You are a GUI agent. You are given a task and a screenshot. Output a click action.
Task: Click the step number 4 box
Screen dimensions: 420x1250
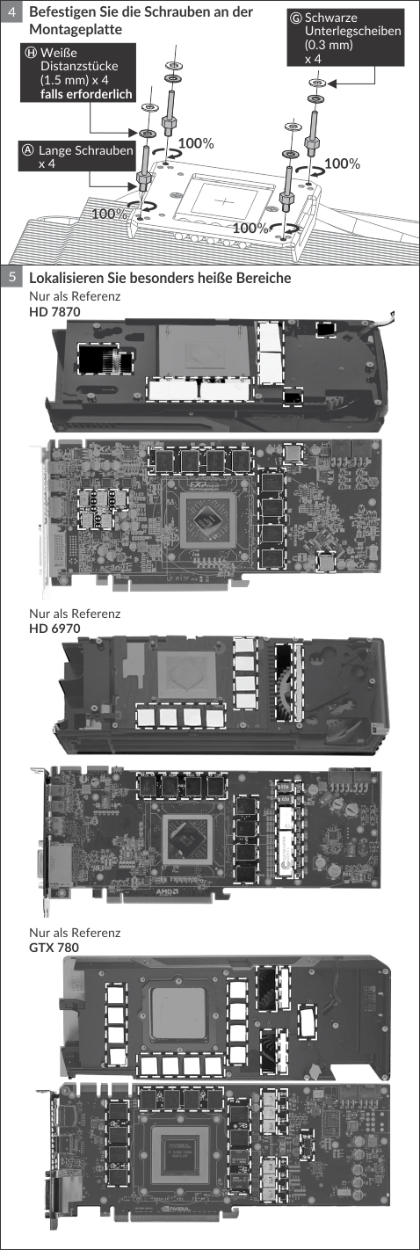coord(12,11)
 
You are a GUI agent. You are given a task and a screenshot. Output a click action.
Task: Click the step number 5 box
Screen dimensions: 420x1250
coord(12,278)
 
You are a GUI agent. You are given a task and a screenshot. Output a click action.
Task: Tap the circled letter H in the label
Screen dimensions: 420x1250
coord(32,53)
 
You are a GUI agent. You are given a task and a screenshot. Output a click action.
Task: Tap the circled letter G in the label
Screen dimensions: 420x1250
coord(296,18)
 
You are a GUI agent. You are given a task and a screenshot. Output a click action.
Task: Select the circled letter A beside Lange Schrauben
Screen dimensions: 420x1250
coord(28,150)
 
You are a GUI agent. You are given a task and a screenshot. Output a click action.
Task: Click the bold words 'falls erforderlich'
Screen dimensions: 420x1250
coord(86,94)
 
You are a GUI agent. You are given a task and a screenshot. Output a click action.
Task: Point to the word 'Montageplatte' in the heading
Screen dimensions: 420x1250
coord(76,29)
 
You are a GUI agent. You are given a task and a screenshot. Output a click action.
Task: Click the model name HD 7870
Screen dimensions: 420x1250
coord(54,311)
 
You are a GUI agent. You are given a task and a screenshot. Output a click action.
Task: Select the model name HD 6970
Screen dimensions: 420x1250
coord(54,629)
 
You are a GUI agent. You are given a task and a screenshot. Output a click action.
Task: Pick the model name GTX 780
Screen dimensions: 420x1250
coord(54,947)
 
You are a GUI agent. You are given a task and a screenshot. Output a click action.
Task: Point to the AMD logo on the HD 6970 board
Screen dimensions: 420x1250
coord(167,892)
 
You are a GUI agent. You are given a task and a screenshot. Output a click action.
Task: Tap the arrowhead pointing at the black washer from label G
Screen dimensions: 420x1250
coord(332,84)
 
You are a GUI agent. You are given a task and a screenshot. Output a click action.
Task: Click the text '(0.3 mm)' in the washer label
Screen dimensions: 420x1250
coord(329,45)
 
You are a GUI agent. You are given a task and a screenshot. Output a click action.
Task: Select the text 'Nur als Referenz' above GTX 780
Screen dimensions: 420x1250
coord(75,933)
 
